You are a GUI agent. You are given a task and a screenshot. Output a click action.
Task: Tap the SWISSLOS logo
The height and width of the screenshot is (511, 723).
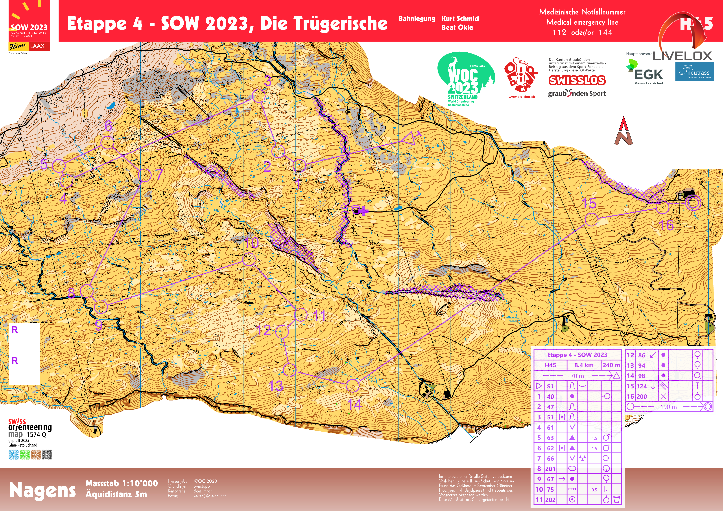[577, 80]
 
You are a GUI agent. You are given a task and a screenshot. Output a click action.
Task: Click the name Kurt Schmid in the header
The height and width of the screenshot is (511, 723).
[460, 19]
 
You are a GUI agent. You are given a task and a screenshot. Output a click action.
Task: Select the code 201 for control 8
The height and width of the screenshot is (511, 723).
[550, 469]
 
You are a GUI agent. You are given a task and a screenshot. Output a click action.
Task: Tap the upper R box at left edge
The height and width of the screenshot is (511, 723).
[24, 338]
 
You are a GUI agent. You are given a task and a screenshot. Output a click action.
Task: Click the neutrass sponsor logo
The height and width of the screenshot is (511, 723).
[694, 72]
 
